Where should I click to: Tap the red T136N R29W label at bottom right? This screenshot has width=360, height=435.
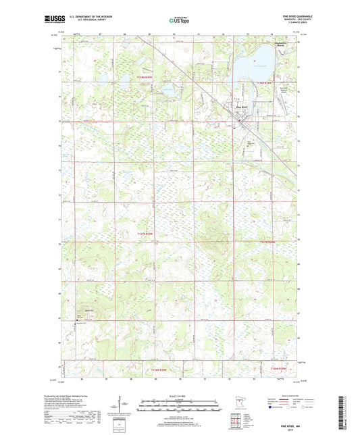pos(278,368)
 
